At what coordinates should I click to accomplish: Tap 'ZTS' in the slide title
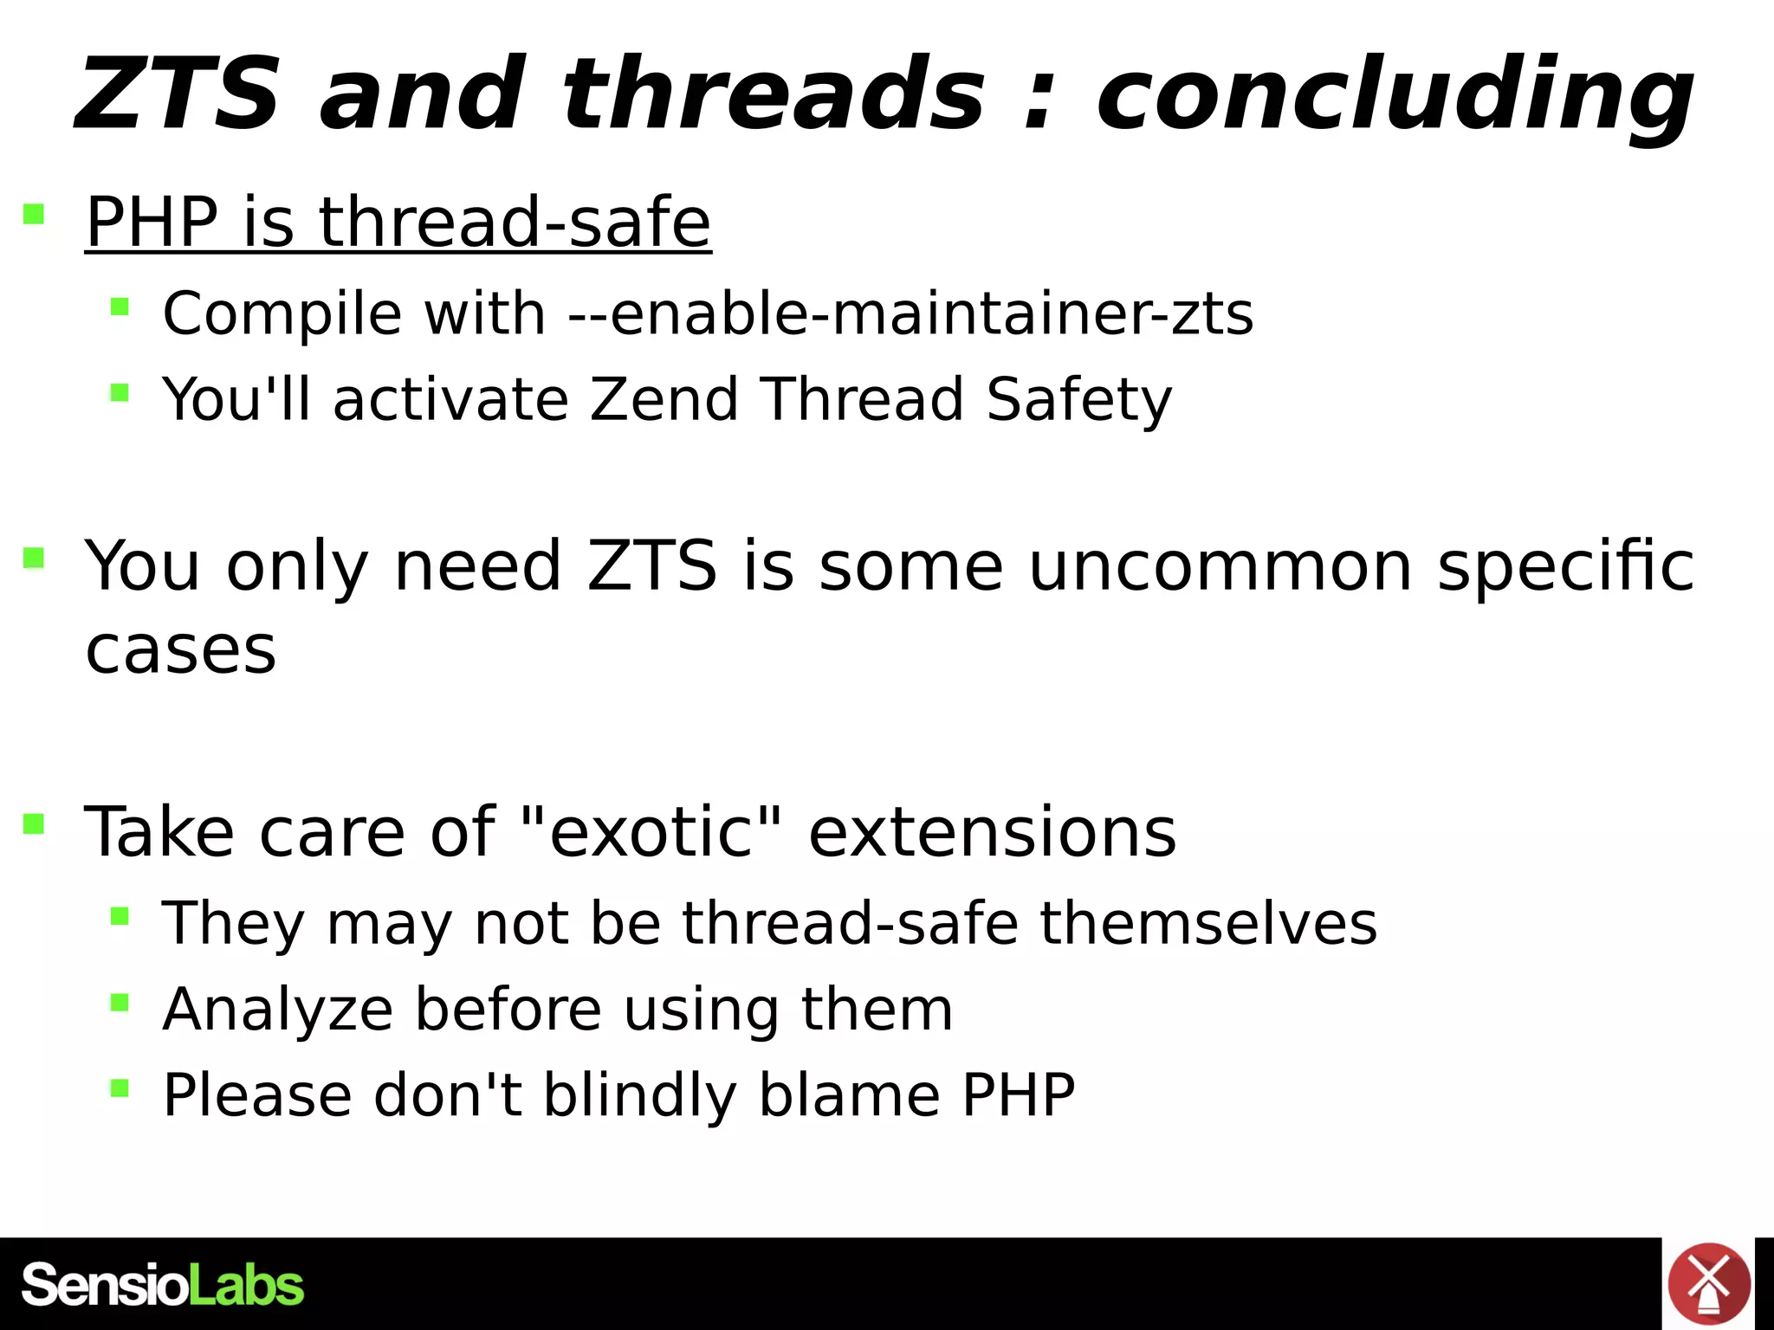tap(178, 94)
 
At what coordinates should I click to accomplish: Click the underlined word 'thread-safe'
tap(515, 222)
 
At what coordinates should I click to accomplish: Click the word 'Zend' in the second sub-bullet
tap(664, 399)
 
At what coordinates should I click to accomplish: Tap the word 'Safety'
tap(1078, 401)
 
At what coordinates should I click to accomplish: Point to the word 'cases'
tap(181, 650)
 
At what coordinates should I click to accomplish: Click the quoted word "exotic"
tap(652, 832)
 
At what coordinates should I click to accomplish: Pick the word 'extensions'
tap(992, 832)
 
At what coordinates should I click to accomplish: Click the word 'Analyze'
tap(277, 1010)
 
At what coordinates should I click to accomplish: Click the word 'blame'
tap(849, 1095)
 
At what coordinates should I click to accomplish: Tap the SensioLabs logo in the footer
tap(163, 1285)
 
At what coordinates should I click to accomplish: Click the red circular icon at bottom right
tap(1708, 1284)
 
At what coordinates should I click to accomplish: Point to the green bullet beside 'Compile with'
tap(120, 307)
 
